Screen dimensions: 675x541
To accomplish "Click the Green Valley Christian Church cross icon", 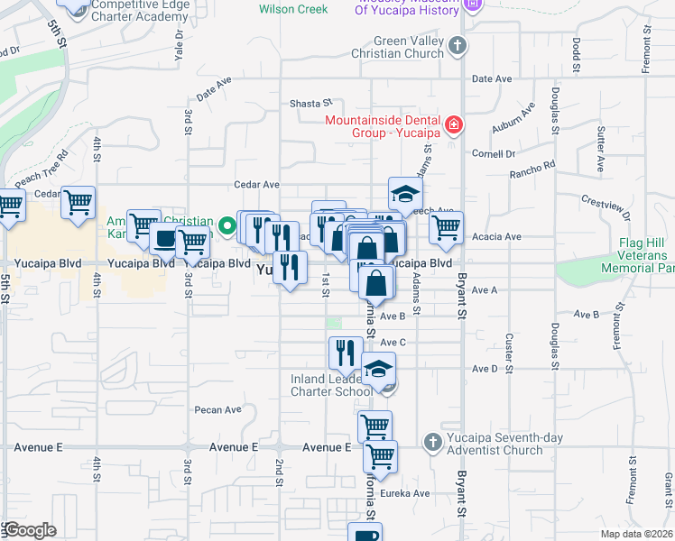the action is (x=458, y=44).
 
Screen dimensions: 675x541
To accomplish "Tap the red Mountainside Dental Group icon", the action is (x=454, y=124).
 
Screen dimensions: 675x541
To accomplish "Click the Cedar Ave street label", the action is (x=257, y=185).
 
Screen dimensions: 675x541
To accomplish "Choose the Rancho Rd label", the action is (x=532, y=170).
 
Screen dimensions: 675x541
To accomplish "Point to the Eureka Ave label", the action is (x=406, y=493).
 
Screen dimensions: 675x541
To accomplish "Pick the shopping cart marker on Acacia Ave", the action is (x=446, y=229).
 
